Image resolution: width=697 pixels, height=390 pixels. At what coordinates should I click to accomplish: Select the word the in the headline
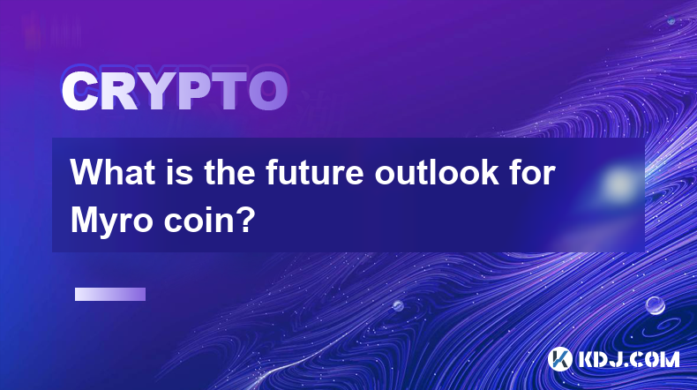pos(229,172)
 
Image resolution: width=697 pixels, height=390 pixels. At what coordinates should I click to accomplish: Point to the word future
pos(315,172)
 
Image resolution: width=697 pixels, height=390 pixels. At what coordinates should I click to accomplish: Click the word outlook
pos(437,172)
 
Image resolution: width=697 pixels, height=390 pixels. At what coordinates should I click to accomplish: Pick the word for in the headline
pos(532,172)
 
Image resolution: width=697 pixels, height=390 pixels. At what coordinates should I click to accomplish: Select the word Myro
pos(112,221)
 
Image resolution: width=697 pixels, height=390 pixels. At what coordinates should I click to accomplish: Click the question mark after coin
pos(247,220)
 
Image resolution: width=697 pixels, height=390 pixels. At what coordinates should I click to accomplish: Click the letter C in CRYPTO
pos(80,91)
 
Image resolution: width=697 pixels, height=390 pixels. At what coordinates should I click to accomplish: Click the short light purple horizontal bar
pos(110,295)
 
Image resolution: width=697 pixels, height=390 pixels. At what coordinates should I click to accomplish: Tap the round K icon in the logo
pos(560,359)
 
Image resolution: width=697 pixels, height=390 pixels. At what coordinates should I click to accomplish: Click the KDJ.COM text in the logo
pos(628,360)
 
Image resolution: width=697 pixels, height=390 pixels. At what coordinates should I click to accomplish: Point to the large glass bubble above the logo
pos(656,305)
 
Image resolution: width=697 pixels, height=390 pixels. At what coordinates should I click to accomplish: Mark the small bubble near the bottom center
pos(398,306)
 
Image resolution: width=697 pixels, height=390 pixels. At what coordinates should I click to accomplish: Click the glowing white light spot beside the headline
pos(618,184)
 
